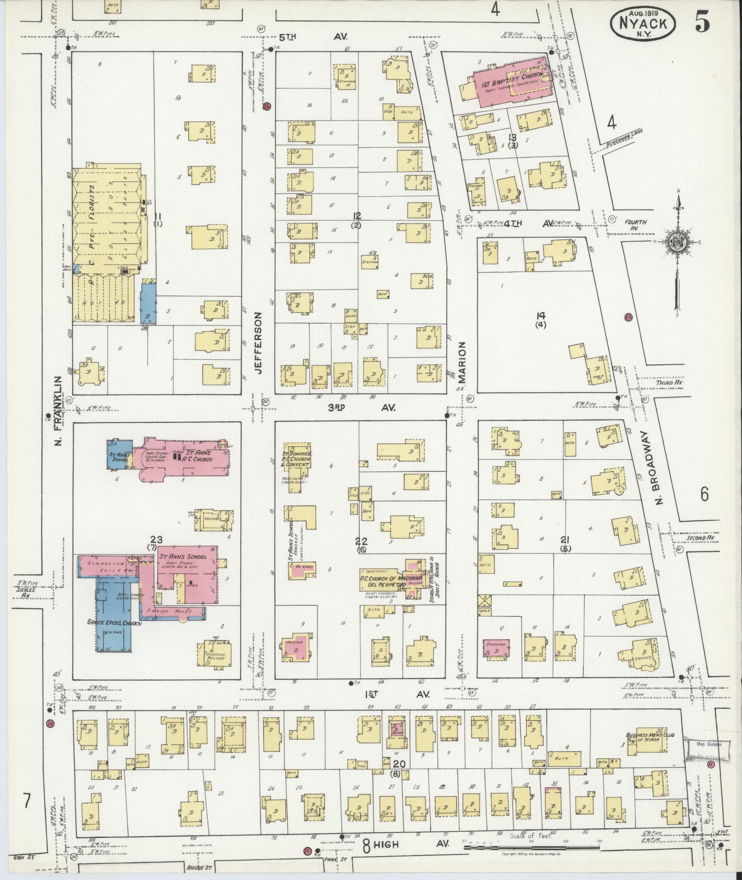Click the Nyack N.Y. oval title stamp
click(x=643, y=23)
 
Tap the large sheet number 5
click(x=702, y=21)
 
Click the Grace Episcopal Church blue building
click(x=114, y=612)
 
